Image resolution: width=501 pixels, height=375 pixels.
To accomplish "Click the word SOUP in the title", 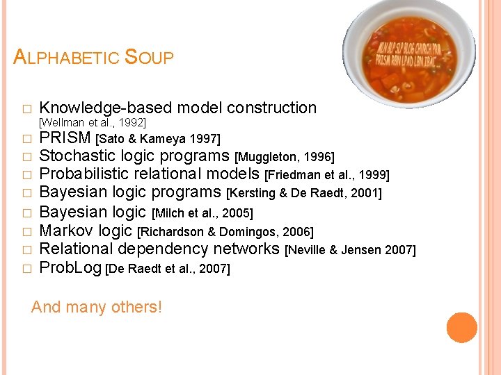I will point(148,57).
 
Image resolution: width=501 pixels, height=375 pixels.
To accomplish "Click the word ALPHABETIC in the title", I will point(66,57).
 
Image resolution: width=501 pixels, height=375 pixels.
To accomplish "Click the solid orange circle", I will point(461,328).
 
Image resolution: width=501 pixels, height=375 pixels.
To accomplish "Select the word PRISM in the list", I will point(65,137).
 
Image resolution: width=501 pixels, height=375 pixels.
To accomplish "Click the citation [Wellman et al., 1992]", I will point(93,122).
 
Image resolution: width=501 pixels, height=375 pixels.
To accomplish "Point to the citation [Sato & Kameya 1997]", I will point(157,139).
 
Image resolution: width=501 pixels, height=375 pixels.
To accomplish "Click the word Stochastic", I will point(76,156).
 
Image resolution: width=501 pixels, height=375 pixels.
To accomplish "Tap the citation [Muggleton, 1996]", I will point(285,157).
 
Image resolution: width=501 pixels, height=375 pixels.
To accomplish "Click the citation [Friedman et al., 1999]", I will point(328,175).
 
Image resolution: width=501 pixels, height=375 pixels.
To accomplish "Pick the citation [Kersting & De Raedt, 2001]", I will point(305,193).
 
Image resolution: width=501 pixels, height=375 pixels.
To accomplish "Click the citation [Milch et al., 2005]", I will point(202,212).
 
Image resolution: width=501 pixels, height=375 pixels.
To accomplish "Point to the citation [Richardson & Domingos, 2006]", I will point(225,232).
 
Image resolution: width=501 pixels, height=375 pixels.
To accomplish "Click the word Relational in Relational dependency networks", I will point(76,249).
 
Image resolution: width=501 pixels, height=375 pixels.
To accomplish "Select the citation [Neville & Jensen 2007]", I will point(351,250).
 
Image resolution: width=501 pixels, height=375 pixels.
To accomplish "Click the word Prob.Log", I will point(70,267).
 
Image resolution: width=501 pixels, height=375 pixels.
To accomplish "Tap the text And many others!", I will point(97,306).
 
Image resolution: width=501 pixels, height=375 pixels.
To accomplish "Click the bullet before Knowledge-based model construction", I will point(26,109).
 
